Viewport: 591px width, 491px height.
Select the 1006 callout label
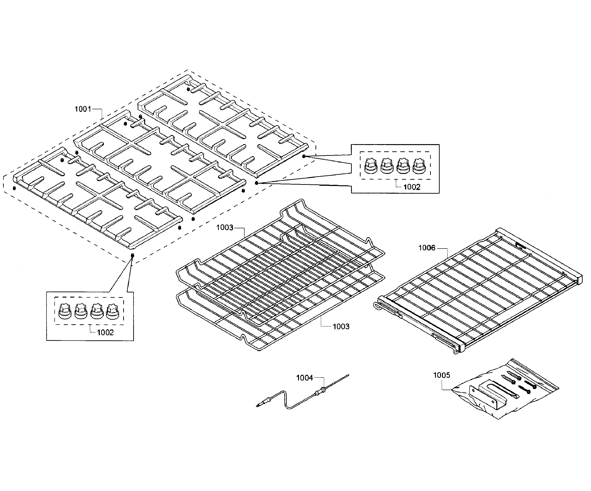click(427, 248)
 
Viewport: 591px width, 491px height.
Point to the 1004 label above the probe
click(304, 378)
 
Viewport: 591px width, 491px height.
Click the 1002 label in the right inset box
click(412, 187)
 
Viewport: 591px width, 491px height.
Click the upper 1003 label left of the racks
click(225, 227)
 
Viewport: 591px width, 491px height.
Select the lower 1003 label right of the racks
click(341, 326)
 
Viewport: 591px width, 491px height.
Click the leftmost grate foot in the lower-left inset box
click(65, 312)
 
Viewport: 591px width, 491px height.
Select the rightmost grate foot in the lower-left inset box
click(113, 312)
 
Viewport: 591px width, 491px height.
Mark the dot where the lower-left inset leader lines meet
click(133, 255)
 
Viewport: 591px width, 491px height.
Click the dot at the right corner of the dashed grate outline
click(304, 156)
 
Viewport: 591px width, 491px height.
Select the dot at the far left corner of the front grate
click(14, 188)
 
